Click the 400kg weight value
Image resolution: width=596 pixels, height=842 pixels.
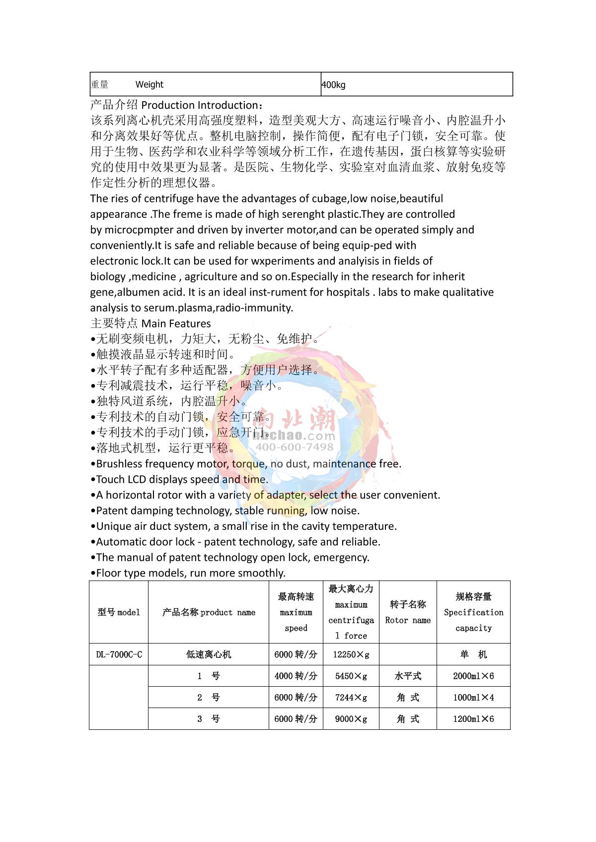tap(333, 85)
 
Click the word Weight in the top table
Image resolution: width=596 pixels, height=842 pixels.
tap(149, 84)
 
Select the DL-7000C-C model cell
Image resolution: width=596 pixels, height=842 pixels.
tap(119, 654)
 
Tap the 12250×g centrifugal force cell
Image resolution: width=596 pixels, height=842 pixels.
tap(351, 654)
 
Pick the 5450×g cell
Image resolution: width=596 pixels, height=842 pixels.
tap(351, 676)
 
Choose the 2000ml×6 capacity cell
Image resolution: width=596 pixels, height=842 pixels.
tap(473, 676)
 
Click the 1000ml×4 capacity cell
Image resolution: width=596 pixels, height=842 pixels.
tap(473, 697)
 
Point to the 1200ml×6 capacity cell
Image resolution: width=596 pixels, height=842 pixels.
tap(473, 718)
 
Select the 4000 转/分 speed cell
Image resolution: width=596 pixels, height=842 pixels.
tap(296, 676)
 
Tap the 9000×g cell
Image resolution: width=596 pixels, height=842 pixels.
tap(351, 718)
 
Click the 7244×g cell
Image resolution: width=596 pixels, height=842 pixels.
tap(351, 697)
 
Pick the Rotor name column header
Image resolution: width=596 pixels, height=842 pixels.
tap(408, 612)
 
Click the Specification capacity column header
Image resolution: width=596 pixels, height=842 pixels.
tap(473, 612)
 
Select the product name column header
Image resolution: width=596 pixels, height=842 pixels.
tap(209, 612)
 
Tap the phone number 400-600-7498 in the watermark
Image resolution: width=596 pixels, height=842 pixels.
tap(295, 447)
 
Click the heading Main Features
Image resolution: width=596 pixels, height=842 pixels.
tap(176, 324)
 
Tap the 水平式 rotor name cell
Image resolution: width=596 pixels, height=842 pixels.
tap(408, 676)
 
